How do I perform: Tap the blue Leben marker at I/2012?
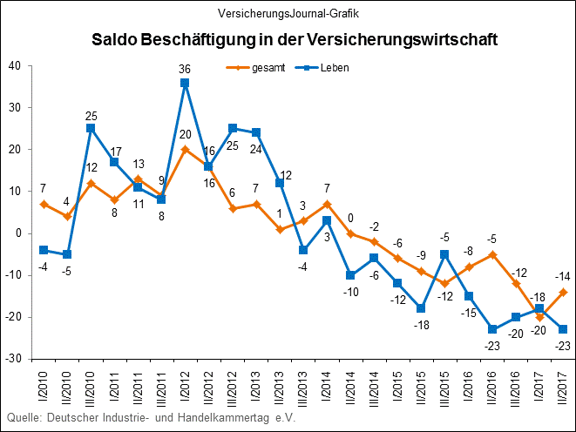click(x=185, y=83)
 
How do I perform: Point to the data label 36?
click(x=185, y=69)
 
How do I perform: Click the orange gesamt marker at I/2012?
click(x=185, y=149)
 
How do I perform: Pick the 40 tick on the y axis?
click(x=15, y=66)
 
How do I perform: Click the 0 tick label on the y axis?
click(x=18, y=233)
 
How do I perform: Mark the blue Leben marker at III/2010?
click(x=91, y=128)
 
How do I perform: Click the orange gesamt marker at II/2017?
click(x=562, y=292)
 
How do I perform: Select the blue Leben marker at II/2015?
click(x=421, y=308)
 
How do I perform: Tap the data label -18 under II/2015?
click(x=421, y=325)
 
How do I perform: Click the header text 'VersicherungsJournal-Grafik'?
click(x=288, y=13)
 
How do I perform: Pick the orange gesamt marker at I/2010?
click(x=44, y=204)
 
